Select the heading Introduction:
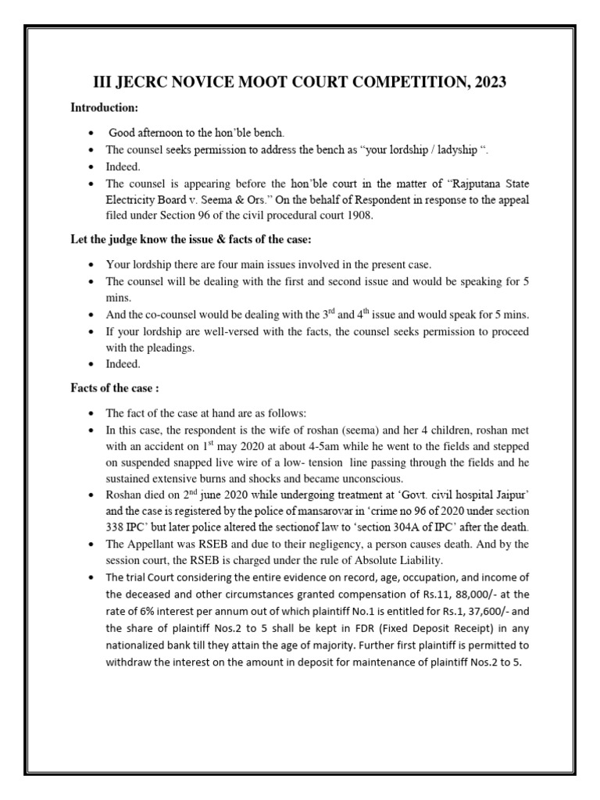click(105, 107)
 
